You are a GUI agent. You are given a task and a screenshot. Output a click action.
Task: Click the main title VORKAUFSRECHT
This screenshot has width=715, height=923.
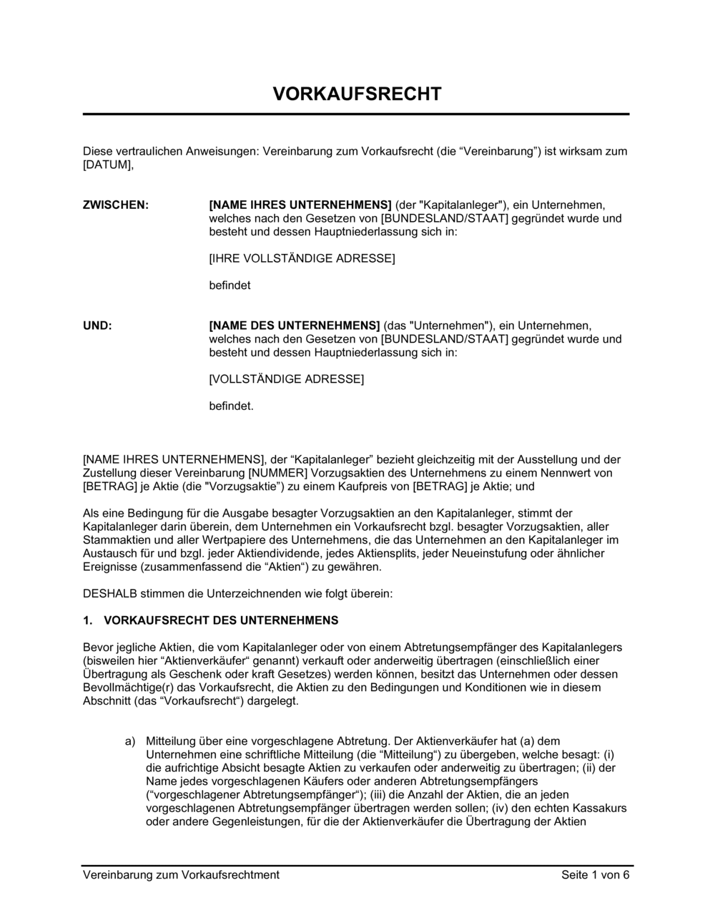357,94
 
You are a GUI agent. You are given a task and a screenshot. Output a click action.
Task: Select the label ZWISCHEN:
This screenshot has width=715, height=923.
116,205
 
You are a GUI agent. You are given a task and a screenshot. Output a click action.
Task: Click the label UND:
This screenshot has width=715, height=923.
98,326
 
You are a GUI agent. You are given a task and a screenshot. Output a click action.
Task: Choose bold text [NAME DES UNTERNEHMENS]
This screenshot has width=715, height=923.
295,326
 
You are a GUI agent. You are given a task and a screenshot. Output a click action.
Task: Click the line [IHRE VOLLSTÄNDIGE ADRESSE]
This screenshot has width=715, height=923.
302,258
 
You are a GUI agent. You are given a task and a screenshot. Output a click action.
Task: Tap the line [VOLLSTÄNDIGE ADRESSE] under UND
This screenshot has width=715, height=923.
286,379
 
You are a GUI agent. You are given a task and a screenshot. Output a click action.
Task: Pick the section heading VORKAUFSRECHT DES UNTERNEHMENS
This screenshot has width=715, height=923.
222,620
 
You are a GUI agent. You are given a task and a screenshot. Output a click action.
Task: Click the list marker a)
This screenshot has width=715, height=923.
130,741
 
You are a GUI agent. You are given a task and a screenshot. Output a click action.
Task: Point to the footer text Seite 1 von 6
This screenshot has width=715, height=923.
596,874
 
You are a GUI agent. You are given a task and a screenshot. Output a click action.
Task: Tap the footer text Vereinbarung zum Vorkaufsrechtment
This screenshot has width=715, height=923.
181,874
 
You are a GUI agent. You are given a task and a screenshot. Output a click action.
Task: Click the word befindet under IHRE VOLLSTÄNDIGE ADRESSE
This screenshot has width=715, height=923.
230,285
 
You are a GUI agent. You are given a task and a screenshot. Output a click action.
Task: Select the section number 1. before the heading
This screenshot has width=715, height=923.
89,620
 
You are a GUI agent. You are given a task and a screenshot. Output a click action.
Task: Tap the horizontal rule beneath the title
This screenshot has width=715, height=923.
356,114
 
